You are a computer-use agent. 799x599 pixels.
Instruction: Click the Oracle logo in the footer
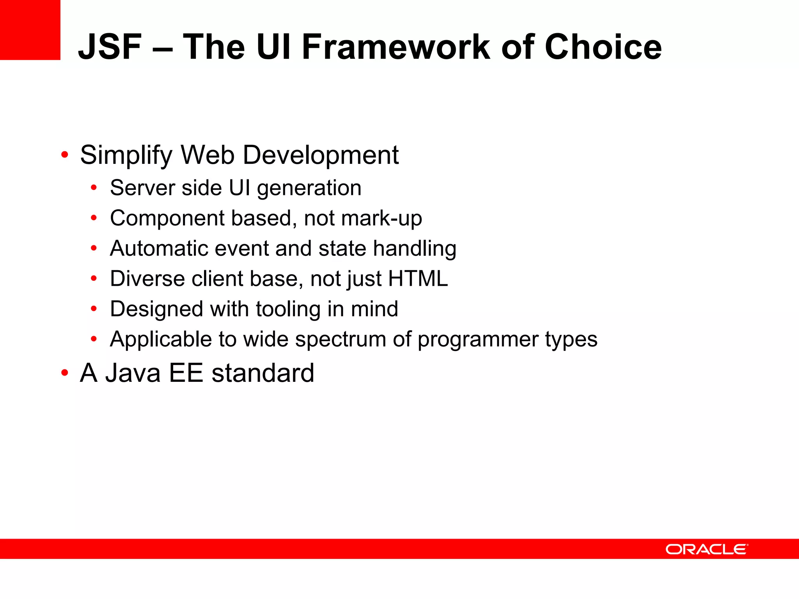click(707, 549)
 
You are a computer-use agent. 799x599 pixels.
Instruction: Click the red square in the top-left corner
click(30, 30)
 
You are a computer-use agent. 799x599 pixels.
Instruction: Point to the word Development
click(321, 155)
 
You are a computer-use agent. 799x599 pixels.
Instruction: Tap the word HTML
click(418, 278)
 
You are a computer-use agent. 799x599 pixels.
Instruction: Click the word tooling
click(288, 309)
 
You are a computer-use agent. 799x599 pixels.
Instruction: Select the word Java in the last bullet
click(133, 373)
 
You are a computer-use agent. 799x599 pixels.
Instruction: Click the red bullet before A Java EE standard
click(65, 373)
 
